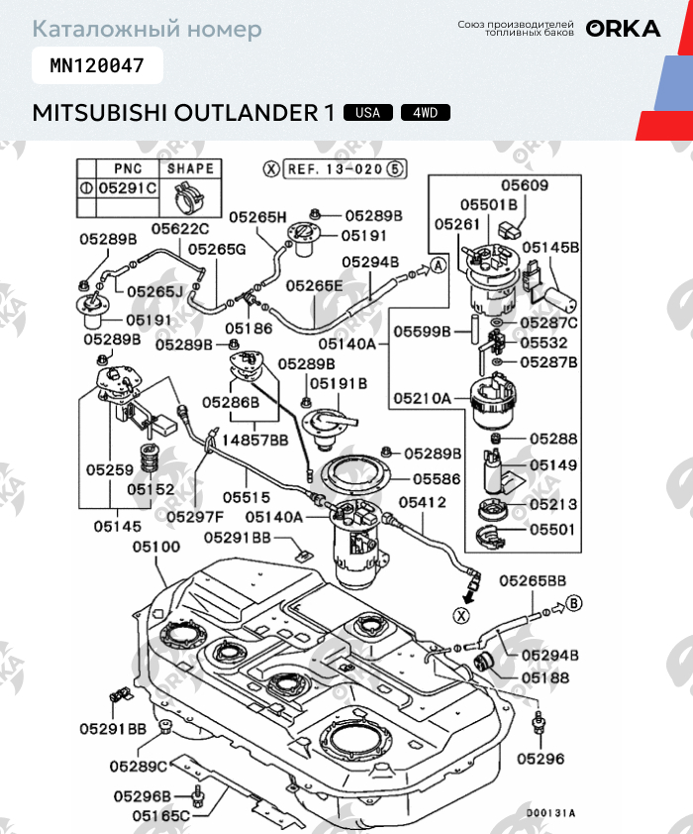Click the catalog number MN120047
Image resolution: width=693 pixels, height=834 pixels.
coord(97,67)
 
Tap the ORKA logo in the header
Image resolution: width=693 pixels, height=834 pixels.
coord(623,29)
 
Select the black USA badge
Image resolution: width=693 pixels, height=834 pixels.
coord(368,113)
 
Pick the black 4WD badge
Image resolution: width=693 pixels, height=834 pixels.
coord(426,113)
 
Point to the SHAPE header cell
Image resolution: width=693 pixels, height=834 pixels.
coord(190,168)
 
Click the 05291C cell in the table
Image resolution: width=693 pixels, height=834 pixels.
coord(127,187)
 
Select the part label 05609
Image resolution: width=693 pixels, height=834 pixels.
coord(524,185)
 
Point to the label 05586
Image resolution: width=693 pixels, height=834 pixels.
coord(437,478)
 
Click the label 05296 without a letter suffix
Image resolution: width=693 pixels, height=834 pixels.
coord(540,759)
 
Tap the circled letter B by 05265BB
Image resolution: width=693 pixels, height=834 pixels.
coord(575,601)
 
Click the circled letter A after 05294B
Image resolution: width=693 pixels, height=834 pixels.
coord(439,264)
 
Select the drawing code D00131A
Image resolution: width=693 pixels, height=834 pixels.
coord(550,813)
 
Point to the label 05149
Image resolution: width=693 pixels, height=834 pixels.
coord(553,464)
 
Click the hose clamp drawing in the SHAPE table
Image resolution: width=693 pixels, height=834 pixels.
coord(190,196)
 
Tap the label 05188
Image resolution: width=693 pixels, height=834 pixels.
coord(544,678)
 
